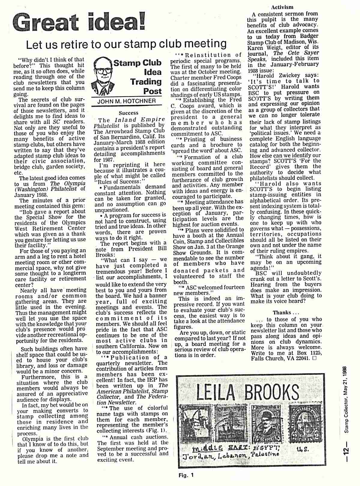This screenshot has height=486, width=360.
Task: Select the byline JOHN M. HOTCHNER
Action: [127, 101]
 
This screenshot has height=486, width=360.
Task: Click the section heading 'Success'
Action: [129, 113]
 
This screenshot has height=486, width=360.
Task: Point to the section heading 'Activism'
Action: [282, 7]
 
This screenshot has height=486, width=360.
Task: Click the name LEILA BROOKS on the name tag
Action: [247, 392]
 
